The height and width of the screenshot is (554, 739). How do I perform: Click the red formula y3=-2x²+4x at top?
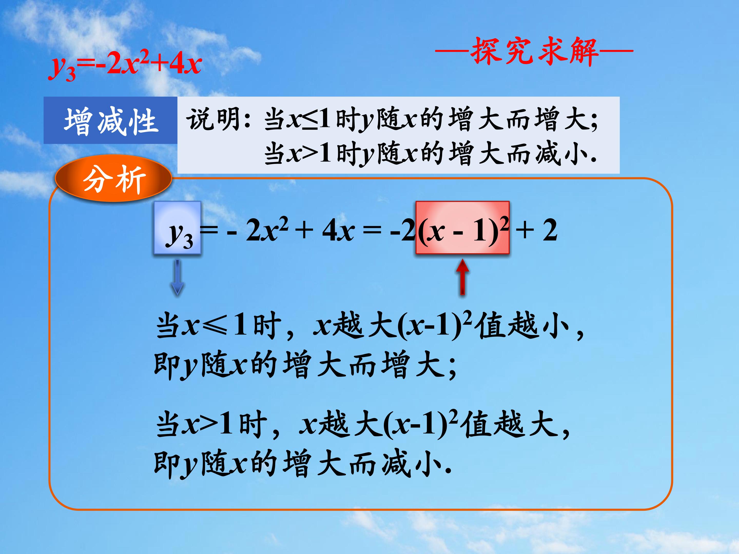(x=125, y=65)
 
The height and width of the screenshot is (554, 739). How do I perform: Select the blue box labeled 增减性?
(x=110, y=121)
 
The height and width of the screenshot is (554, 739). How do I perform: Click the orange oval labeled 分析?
(x=114, y=179)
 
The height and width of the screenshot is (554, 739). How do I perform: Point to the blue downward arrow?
(x=177, y=277)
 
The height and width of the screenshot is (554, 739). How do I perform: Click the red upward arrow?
(x=462, y=277)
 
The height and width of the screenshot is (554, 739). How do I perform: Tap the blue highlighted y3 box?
(x=177, y=228)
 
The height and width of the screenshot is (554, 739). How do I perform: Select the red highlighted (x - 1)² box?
(x=462, y=228)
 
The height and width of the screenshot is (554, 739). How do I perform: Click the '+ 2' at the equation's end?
(x=537, y=230)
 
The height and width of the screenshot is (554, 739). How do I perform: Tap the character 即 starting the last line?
(x=166, y=464)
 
